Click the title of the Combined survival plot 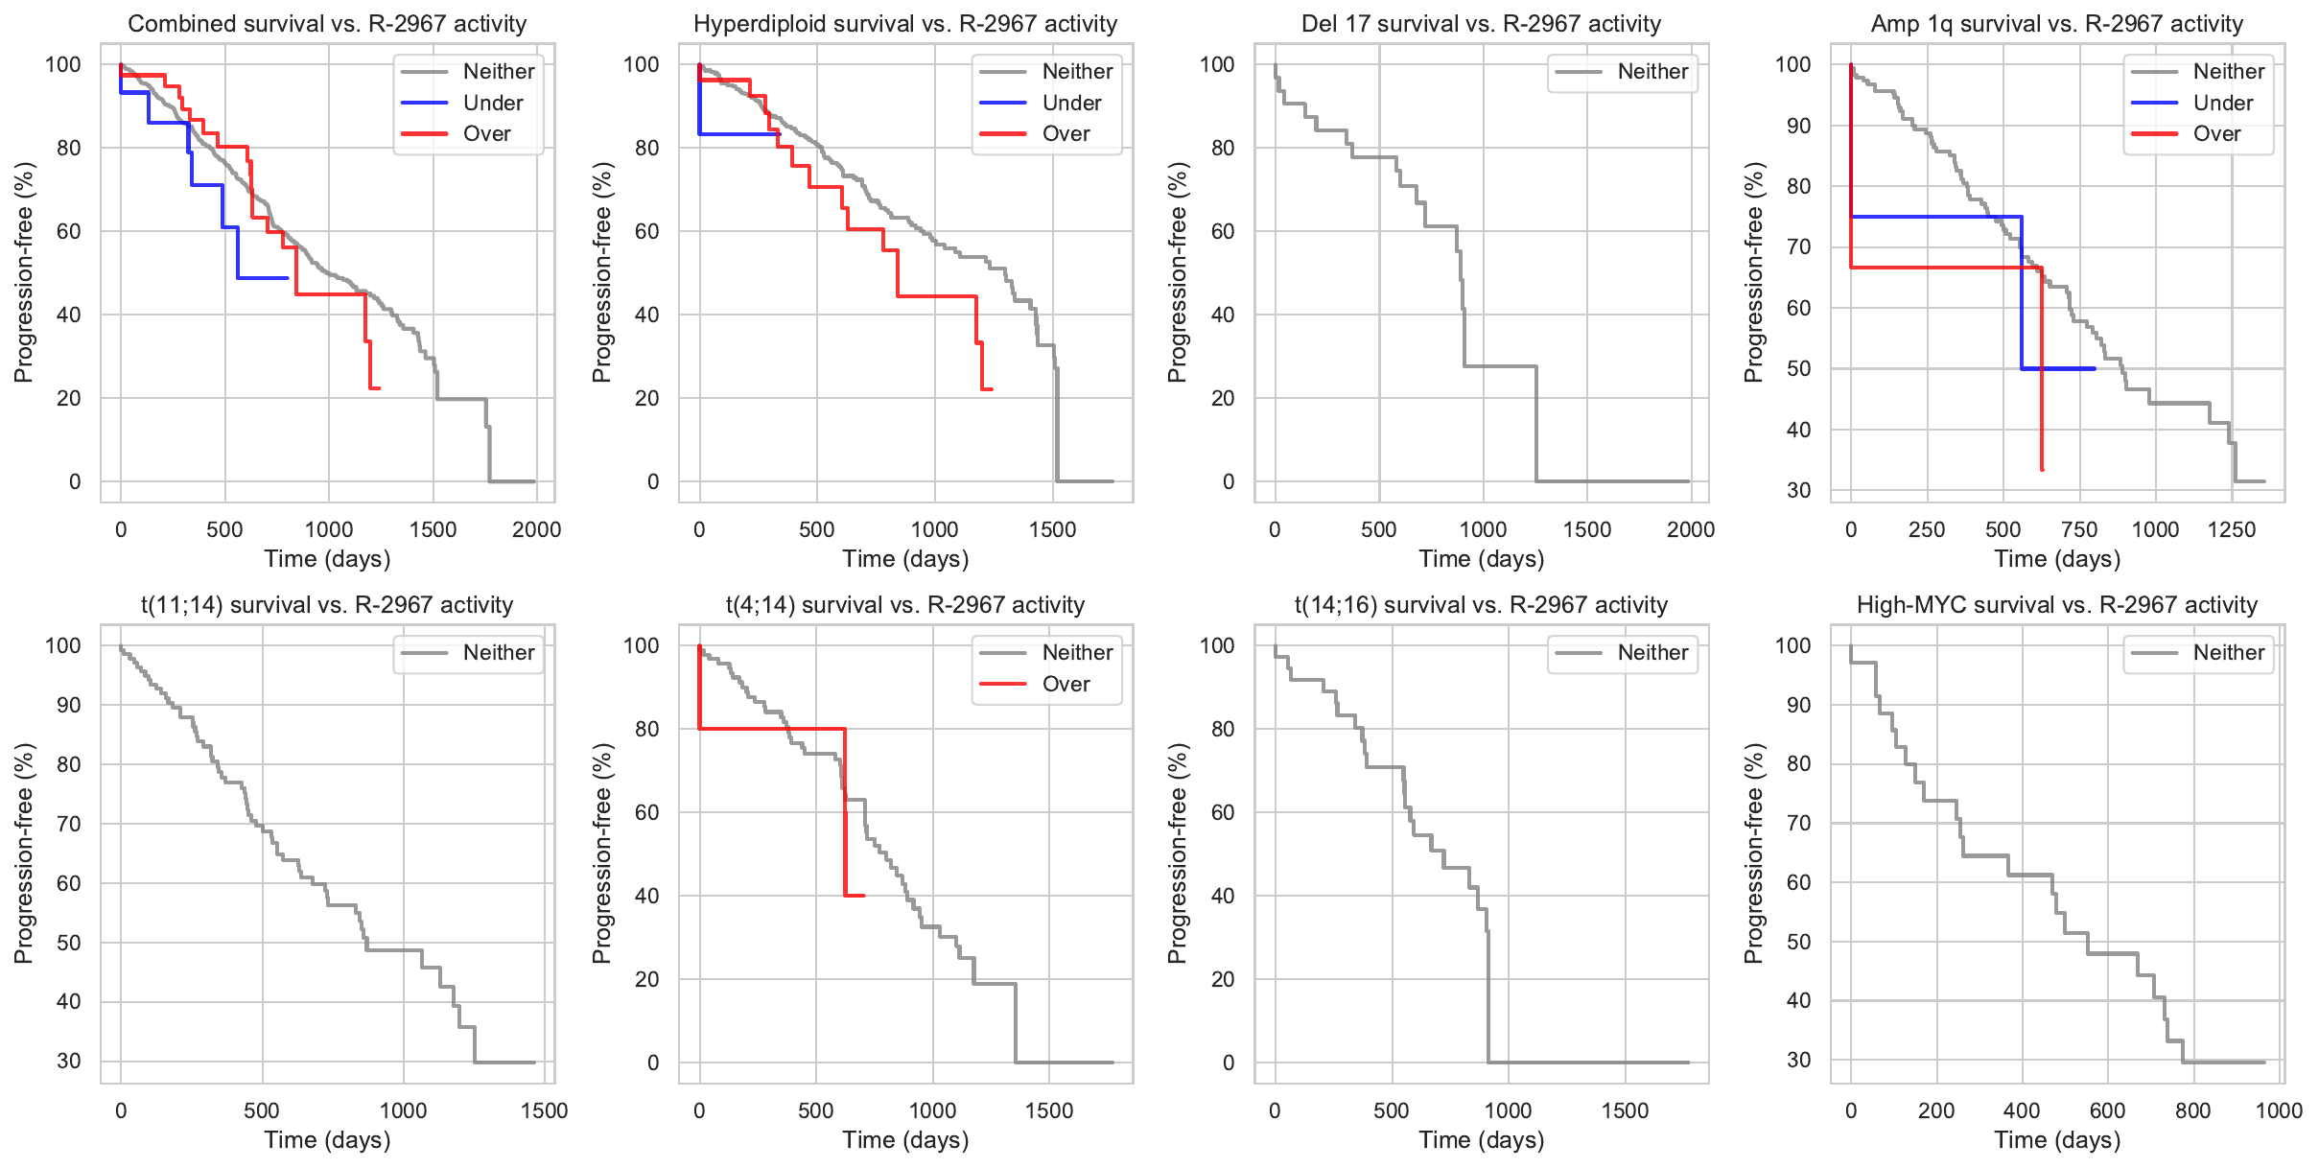coord(327,24)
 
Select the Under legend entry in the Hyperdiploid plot coord(1071,103)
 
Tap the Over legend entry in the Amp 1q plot coord(2216,134)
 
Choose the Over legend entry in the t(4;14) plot coord(1066,685)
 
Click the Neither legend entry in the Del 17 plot coord(1652,72)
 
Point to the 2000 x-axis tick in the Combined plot coord(536,530)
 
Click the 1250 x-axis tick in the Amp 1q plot coord(2231,530)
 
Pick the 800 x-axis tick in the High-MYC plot coord(2192,1111)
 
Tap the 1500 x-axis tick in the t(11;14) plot coord(544,1111)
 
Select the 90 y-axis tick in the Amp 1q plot coord(1792,126)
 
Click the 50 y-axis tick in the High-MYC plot coord(1792,942)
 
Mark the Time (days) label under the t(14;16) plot coord(1481,1140)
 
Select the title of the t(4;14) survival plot coord(904,605)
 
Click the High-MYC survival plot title coord(2056,605)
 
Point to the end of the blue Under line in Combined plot coord(288,278)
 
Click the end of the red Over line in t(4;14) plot coord(864,896)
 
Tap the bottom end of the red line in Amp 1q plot coord(2042,470)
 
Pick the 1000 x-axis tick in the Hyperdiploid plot coord(934,530)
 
